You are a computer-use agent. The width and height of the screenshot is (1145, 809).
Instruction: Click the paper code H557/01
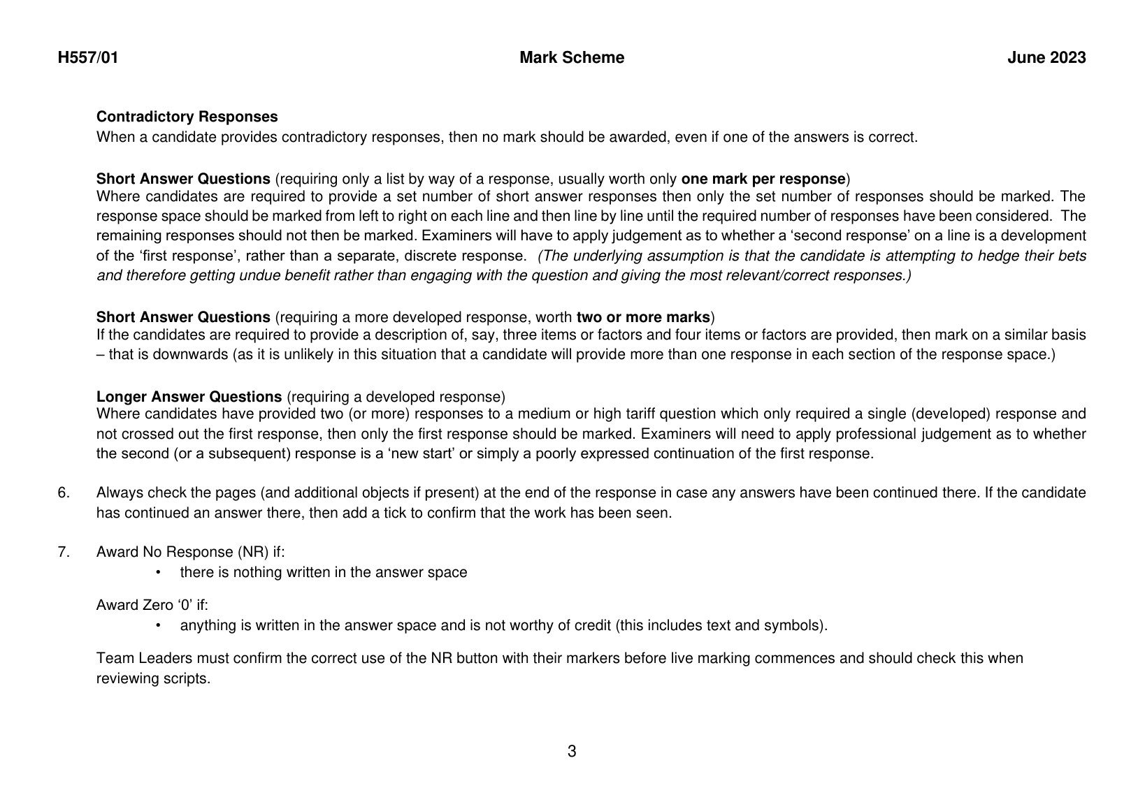tap(88, 58)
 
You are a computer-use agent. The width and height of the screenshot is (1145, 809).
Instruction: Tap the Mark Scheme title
tap(572, 58)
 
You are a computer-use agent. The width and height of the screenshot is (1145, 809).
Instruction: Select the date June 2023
tap(1046, 58)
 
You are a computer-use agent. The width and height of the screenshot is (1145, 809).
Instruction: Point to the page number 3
tap(572, 752)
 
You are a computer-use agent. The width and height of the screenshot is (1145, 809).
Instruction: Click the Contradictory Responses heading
tap(187, 117)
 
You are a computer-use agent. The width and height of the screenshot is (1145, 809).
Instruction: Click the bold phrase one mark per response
tap(763, 178)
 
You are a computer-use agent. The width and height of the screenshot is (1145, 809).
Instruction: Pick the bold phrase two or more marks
tap(642, 316)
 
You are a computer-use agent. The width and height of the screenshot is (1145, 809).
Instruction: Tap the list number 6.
tap(63, 493)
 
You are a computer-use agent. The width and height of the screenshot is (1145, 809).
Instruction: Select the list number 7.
tap(63, 552)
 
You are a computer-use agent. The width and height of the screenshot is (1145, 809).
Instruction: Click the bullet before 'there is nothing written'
tap(159, 573)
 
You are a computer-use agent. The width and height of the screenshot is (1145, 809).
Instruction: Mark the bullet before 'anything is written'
tap(159, 625)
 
